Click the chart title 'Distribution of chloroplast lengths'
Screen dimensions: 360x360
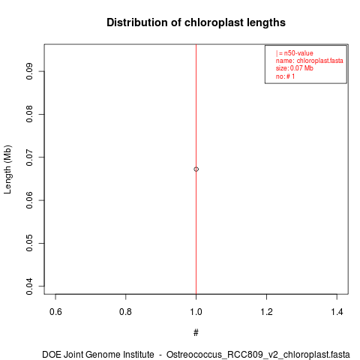tap(196, 22)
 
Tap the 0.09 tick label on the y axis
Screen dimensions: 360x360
tap(29, 71)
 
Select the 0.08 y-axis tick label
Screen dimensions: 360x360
tap(29, 114)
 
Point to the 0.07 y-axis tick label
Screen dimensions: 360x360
tap(29, 157)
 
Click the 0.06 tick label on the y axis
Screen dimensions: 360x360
tap(29, 200)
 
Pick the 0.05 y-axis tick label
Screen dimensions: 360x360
tap(29, 243)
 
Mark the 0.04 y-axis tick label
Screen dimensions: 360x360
tap(29, 286)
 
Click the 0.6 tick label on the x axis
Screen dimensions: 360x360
tap(55, 312)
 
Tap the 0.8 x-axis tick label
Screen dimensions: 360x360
tap(126, 312)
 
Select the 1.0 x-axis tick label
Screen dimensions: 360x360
tap(196, 312)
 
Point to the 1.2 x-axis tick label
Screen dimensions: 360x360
tap(267, 312)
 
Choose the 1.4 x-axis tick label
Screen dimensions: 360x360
tap(337, 312)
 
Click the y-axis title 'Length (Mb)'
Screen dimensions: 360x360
tap(7, 169)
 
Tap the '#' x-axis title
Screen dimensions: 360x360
tap(196, 333)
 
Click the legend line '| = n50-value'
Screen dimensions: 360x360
tap(295, 53)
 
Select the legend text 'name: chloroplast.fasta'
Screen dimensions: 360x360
tap(310, 61)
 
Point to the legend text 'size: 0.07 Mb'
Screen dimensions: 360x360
tap(295, 68)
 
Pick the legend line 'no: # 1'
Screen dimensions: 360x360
tap(285, 76)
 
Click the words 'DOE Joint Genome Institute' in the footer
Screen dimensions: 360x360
tap(98, 355)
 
